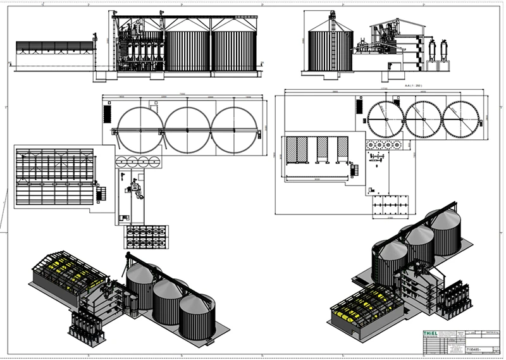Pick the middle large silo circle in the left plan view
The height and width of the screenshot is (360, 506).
tap(187, 130)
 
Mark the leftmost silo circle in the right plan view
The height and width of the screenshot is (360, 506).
tap(386, 118)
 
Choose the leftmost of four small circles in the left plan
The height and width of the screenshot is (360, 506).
tap(122, 161)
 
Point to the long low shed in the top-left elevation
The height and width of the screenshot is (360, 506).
tap(56, 49)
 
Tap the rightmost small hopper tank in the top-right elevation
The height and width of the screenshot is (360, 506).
tap(447, 49)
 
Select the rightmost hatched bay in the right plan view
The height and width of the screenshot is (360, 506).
tap(342, 150)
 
